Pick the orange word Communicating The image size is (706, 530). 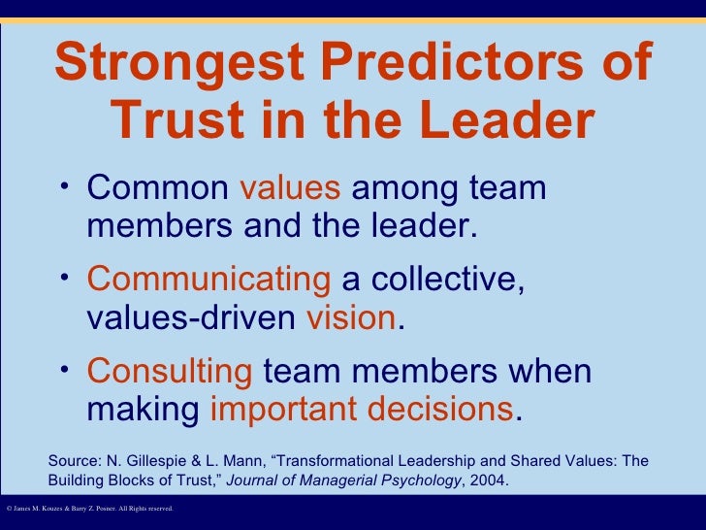[209, 280]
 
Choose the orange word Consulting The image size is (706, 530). [170, 372]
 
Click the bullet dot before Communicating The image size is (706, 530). [64, 278]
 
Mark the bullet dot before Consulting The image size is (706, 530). [64, 370]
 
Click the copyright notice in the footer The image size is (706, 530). [89, 508]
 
